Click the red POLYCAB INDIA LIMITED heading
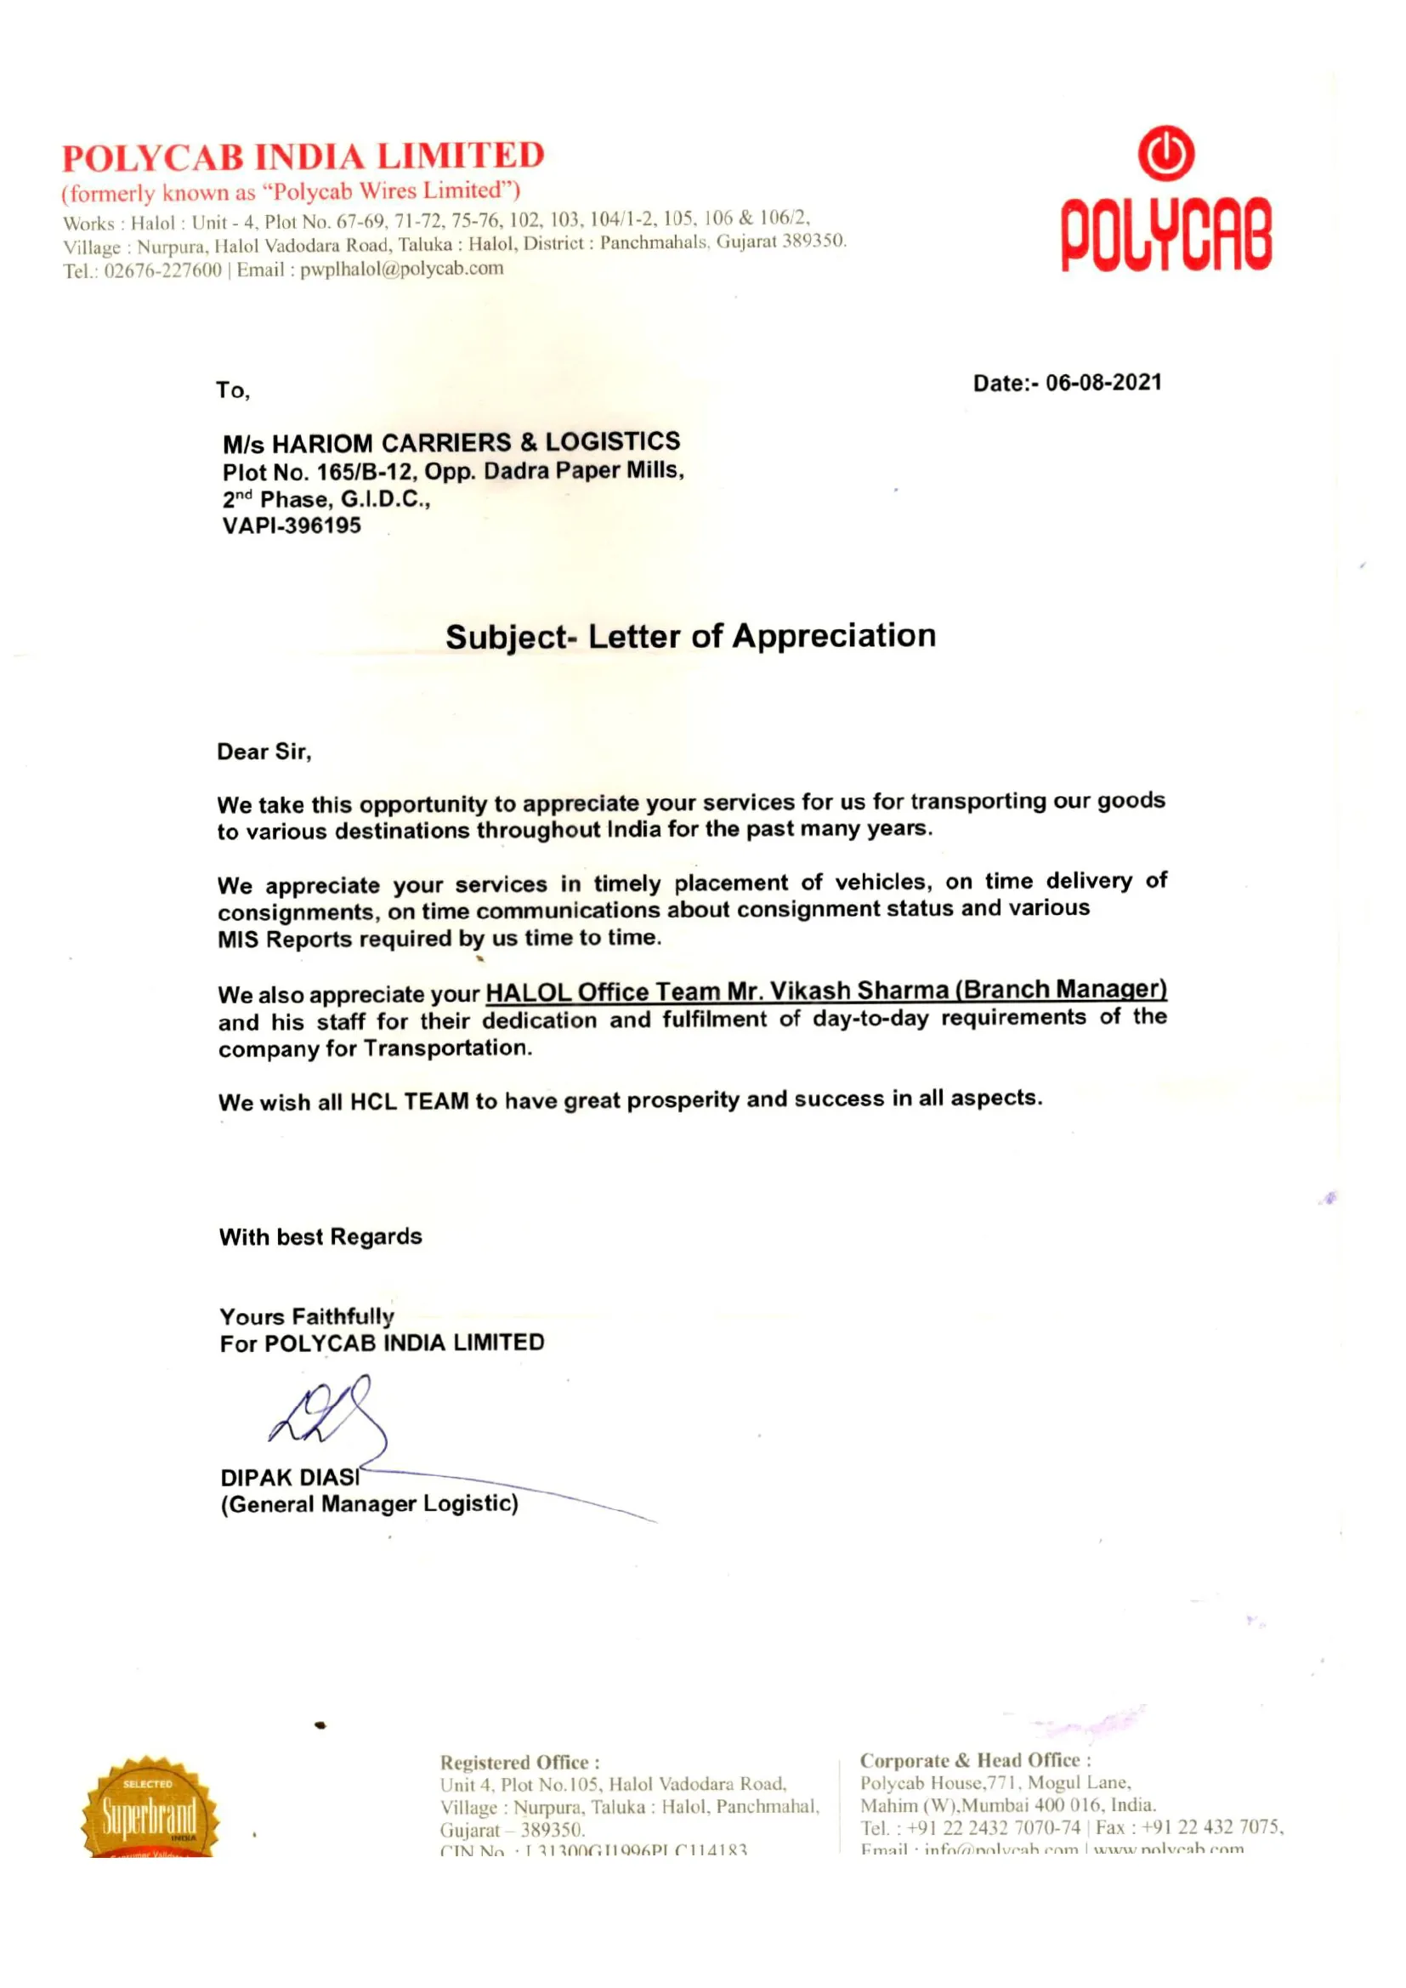[x=303, y=156]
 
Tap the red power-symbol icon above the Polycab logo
[x=1165, y=154]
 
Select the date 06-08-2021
[x=1104, y=383]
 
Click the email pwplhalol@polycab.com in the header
[x=402, y=269]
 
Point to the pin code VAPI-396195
[x=292, y=525]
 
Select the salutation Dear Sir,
[x=264, y=752]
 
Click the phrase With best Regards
[x=320, y=1236]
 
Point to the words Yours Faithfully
[x=307, y=1317]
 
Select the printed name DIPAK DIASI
[x=290, y=1477]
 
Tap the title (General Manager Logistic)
[x=370, y=1504]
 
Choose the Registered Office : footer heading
[x=519, y=1762]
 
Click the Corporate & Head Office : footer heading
[x=975, y=1760]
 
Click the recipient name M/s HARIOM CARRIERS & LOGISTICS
[x=451, y=442]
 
